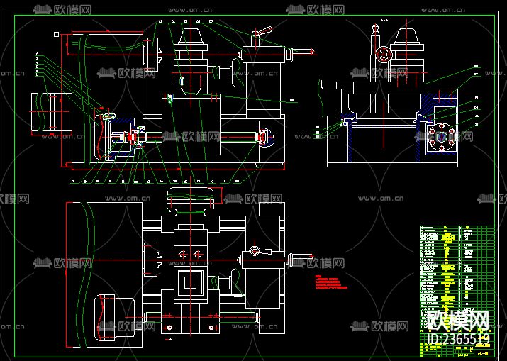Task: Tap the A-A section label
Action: (377, 22)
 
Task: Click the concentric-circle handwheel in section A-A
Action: (384, 55)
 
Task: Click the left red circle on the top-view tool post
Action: (182, 253)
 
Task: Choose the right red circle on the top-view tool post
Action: (199, 253)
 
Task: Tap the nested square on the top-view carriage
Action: (189, 284)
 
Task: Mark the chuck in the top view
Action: (150, 260)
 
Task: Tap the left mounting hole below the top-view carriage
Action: (169, 328)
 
